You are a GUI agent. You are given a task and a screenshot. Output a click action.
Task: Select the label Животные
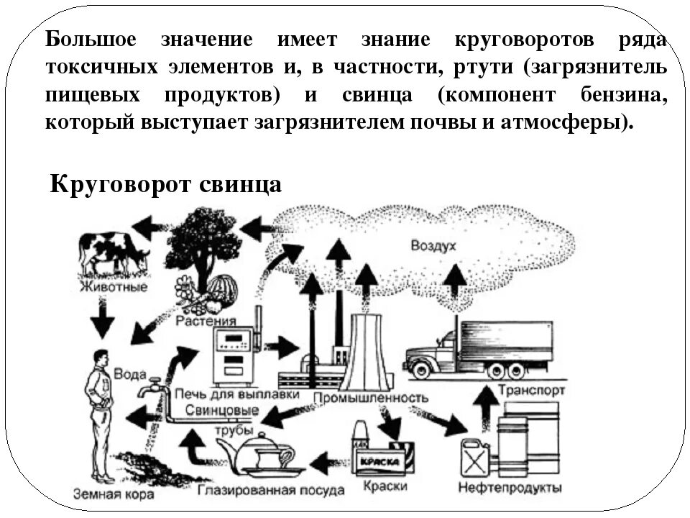pyautogui.click(x=114, y=288)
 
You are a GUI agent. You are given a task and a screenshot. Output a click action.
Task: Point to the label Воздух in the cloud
pyautogui.click(x=433, y=246)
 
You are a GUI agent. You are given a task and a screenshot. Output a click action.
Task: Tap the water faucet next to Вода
pyautogui.click(x=149, y=388)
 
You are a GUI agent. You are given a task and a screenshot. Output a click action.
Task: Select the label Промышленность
pyautogui.click(x=371, y=397)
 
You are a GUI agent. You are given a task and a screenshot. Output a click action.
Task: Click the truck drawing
pyautogui.click(x=477, y=350)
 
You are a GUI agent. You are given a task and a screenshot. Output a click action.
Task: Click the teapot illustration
pyautogui.click(x=262, y=455)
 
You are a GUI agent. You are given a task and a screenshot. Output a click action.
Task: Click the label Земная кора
pyautogui.click(x=105, y=494)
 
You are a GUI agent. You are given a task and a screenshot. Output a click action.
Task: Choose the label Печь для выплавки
pyautogui.click(x=218, y=395)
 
